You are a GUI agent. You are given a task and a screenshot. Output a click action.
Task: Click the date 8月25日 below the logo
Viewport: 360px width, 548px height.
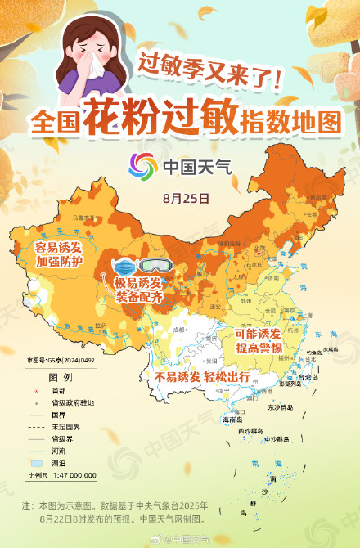[x=186, y=198]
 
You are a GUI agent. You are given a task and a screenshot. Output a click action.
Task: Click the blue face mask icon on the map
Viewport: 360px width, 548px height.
[x=125, y=267]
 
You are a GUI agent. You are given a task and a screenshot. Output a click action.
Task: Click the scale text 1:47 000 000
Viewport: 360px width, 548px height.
[x=74, y=474]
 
